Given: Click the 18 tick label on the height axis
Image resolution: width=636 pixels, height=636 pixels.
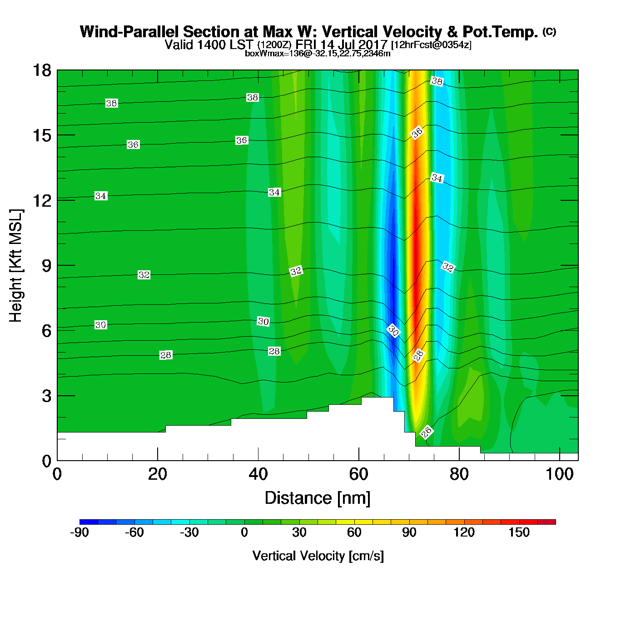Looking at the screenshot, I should tap(41, 70).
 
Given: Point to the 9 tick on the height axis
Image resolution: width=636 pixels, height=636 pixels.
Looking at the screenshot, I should tap(47, 266).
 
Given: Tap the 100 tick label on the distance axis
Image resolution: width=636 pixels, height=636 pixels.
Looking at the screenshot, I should tap(560, 474).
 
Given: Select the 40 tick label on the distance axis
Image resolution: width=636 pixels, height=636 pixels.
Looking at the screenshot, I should tap(258, 474).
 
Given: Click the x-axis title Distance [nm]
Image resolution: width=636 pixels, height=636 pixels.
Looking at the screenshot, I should tap(318, 498).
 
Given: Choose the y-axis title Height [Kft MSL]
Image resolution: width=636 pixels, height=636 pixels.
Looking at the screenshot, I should tap(16, 266).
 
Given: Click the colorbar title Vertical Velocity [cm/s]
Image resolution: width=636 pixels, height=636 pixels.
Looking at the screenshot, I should tap(318, 556).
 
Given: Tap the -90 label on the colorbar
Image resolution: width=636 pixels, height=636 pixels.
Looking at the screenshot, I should tap(79, 532).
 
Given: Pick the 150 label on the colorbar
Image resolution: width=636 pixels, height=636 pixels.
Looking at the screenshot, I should tap(519, 532).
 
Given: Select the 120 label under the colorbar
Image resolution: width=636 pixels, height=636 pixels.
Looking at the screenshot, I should tap(464, 532).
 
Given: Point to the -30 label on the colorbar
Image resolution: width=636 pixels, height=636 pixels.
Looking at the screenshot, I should tap(189, 532).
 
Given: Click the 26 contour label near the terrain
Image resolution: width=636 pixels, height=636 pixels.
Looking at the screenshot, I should tap(426, 432).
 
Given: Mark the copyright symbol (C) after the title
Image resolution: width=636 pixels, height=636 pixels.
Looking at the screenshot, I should tap(549, 32).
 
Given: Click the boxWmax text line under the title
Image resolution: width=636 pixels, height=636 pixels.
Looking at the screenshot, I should tap(318, 53).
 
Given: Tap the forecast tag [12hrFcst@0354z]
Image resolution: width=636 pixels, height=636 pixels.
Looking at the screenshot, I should tap(431, 45).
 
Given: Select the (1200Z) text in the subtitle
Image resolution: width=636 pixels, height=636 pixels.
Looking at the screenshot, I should tap(274, 45).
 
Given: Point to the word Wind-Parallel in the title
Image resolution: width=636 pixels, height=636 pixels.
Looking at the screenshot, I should tap(130, 32).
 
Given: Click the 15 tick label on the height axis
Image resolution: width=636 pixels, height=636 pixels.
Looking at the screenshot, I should tap(41, 135).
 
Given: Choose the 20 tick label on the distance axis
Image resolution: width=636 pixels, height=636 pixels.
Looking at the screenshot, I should tap(158, 474).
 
